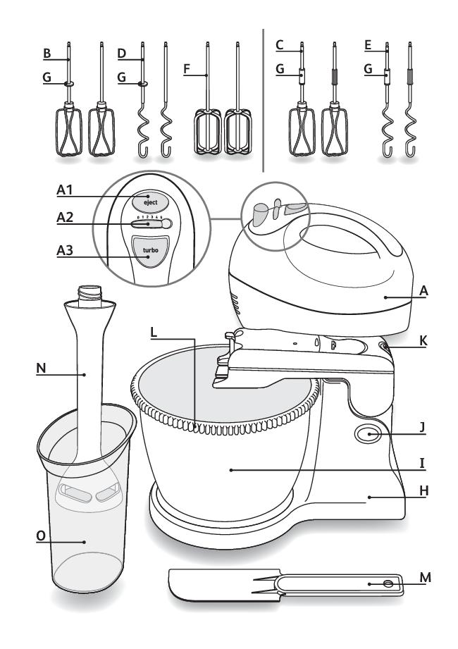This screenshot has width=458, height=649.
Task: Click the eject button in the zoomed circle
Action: [x=150, y=202]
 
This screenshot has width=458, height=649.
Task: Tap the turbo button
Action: [x=150, y=252]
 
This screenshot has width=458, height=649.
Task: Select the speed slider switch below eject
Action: [x=151, y=224]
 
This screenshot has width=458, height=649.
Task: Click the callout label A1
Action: [x=65, y=190]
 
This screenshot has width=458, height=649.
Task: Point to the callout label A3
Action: [x=65, y=250]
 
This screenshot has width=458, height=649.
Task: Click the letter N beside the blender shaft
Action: [x=41, y=368]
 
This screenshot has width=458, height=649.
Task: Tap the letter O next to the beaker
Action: [x=41, y=536]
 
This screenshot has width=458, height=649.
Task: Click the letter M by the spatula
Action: [x=425, y=577]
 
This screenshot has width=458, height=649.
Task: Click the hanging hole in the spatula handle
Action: [x=388, y=583]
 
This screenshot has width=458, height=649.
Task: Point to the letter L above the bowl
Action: [x=154, y=332]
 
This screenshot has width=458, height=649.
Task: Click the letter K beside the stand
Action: [x=423, y=340]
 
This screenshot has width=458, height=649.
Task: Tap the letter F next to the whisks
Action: [x=187, y=69]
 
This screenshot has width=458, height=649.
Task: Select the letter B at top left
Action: [x=47, y=54]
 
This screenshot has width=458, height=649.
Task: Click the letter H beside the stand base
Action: [x=423, y=491]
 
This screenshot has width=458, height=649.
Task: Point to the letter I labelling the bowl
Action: [x=422, y=463]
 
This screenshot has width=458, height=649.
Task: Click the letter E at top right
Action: [x=368, y=45]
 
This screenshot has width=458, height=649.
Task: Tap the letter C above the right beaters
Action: [x=280, y=44]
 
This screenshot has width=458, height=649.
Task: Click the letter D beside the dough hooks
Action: [x=122, y=54]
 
